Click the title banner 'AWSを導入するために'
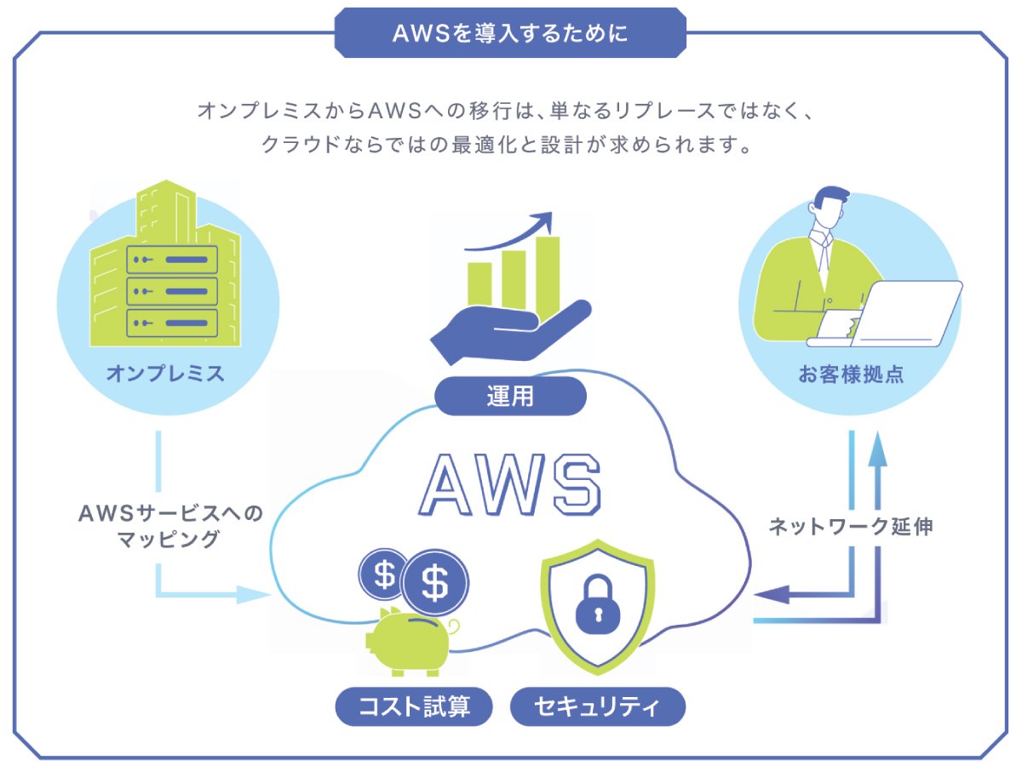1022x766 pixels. tap(510, 33)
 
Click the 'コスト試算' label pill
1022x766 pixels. tap(414, 706)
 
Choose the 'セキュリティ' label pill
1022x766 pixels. tap(598, 706)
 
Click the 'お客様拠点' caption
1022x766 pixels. tap(851, 374)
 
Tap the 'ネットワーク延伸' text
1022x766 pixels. tap(851, 526)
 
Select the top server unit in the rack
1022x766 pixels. tap(171, 259)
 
